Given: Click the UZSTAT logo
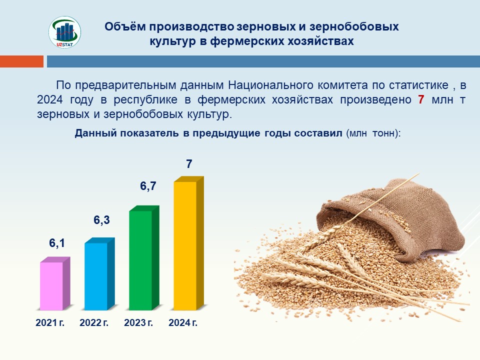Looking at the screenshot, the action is click(64, 32).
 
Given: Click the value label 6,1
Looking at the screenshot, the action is click(57, 243).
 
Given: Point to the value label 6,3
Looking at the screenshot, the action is click(101, 220).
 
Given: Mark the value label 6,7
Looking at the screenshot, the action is click(148, 186).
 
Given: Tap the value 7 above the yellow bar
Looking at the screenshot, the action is click(189, 164).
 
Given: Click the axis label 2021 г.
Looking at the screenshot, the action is click(50, 322).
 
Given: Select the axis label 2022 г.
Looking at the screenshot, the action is click(94, 322).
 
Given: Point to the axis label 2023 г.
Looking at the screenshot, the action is click(138, 322).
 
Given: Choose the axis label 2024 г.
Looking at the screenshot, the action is click(183, 322).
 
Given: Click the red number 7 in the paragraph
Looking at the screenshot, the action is click(421, 99).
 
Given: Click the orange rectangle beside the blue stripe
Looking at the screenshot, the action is click(21, 61).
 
